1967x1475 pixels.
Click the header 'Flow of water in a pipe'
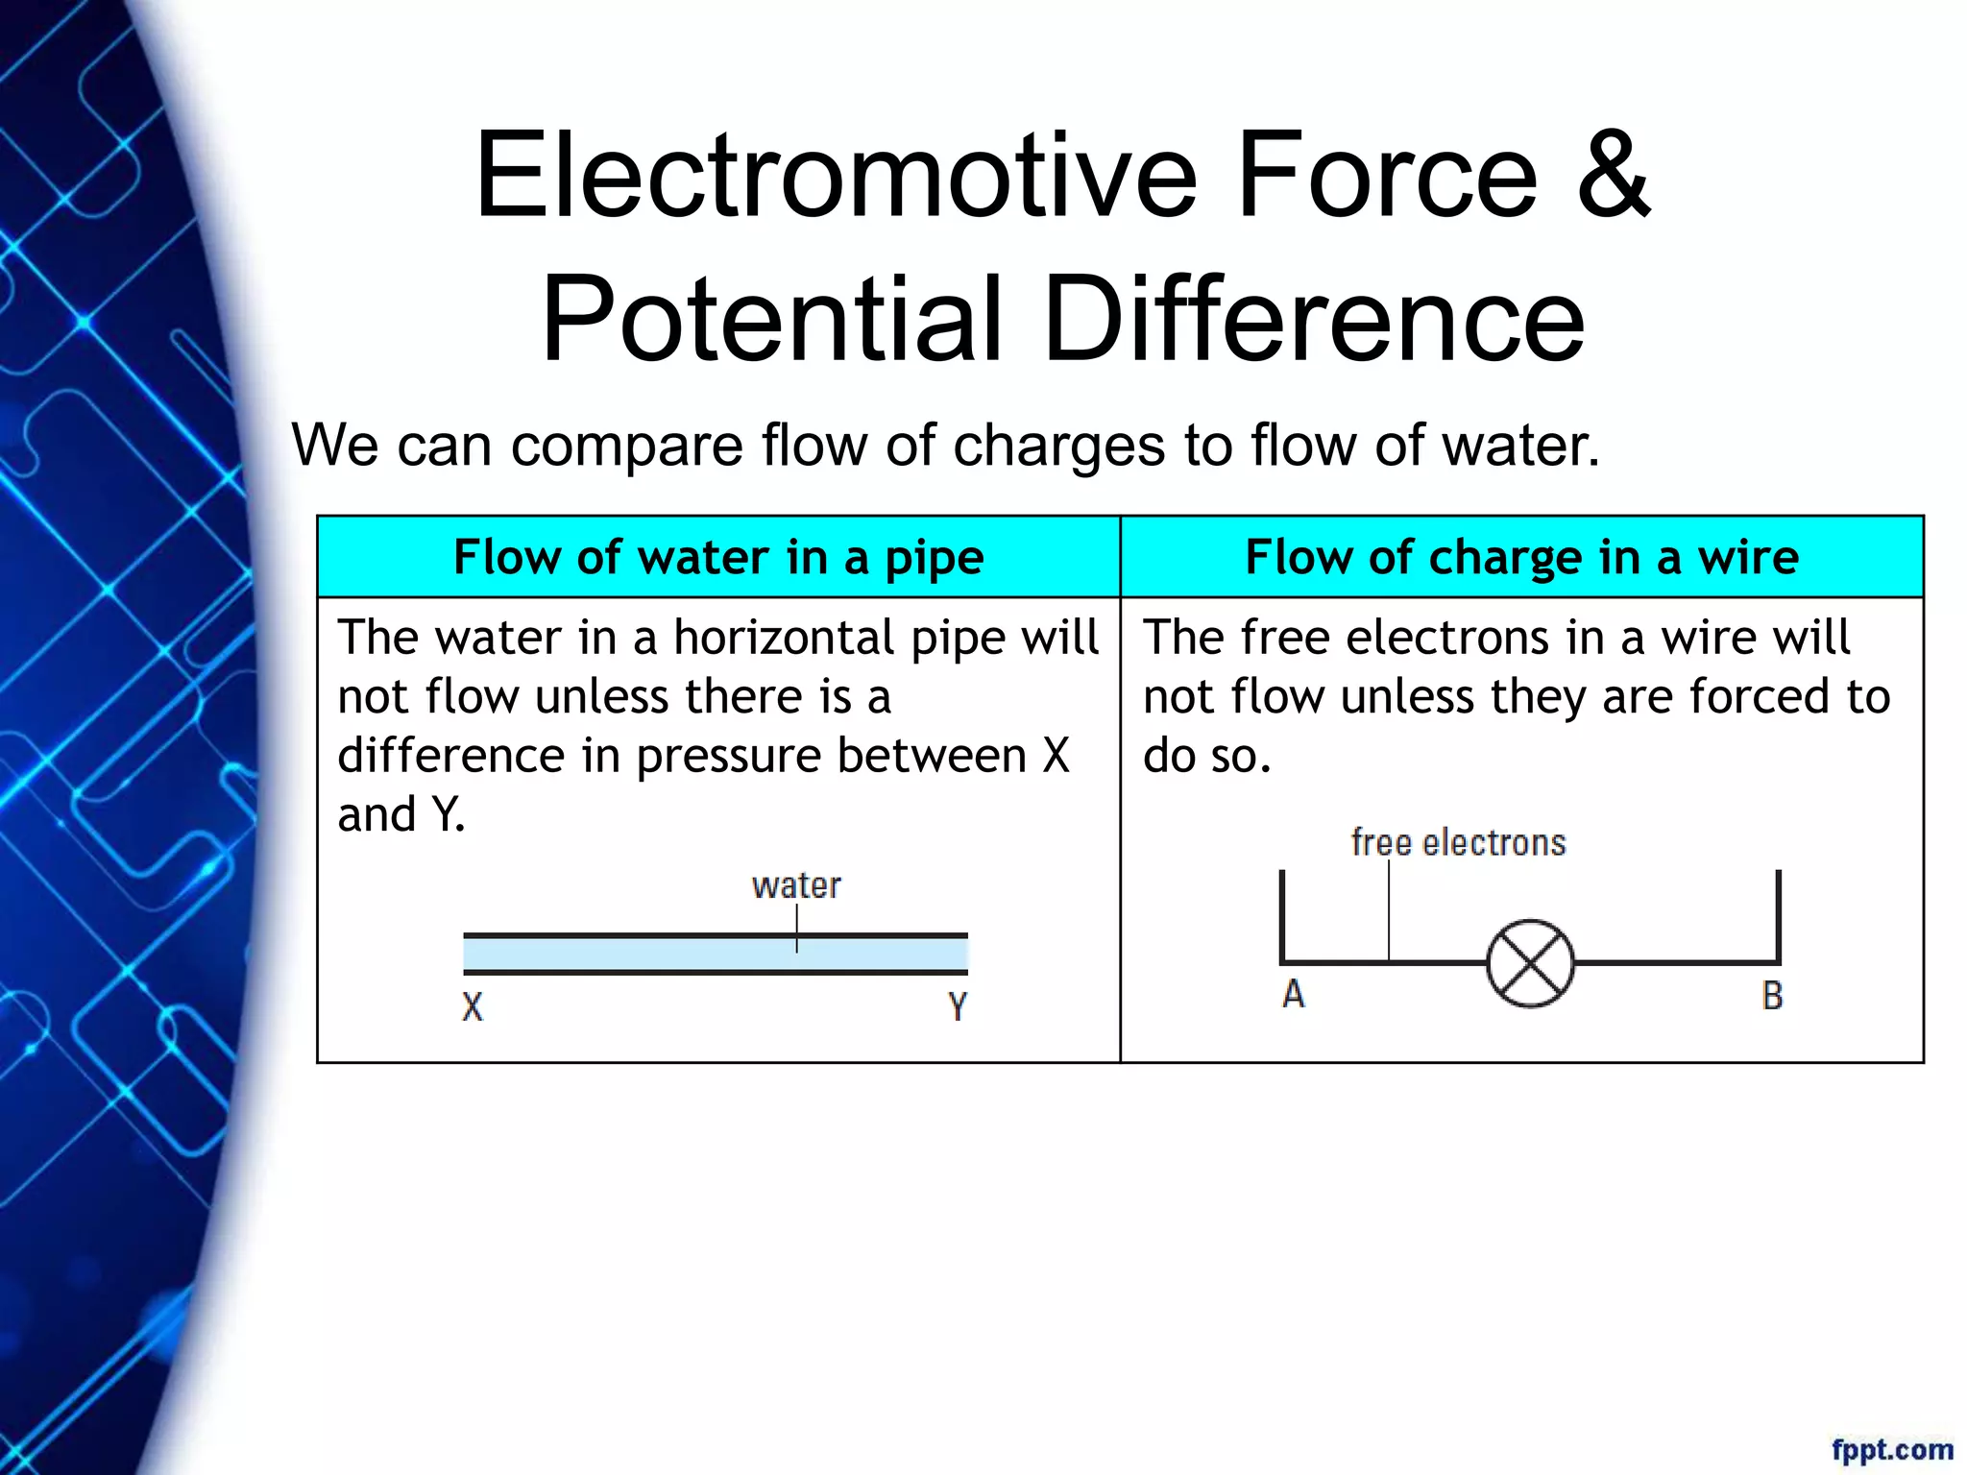coord(718,557)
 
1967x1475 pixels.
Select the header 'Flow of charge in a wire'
coord(1521,557)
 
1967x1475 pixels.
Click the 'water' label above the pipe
coord(796,885)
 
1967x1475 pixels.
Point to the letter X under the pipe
coord(473,1007)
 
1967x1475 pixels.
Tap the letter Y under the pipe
coord(958,1007)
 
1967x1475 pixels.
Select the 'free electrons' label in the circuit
coord(1458,843)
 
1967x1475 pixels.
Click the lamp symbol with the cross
coord(1530,963)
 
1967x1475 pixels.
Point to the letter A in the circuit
coord(1294,995)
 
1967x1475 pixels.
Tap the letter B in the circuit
coord(1772,997)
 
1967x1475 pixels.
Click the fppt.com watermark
coord(1892,1449)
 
